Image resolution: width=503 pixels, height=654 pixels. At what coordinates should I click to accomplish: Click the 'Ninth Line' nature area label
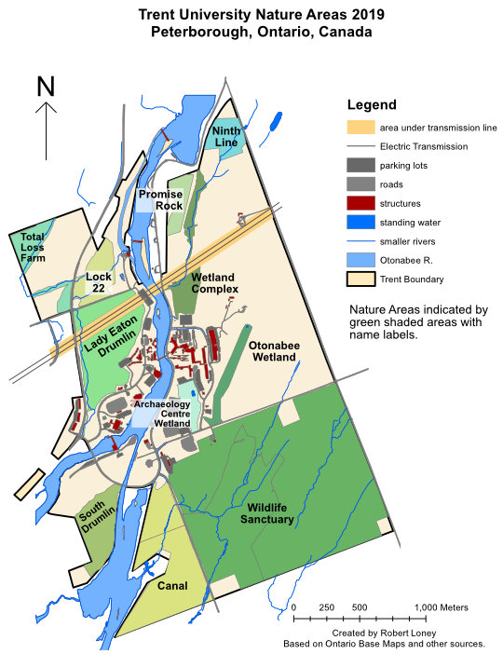click(226, 136)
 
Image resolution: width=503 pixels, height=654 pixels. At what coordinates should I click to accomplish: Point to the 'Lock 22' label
click(98, 283)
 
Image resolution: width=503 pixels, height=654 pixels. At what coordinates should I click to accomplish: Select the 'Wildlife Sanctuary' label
click(270, 513)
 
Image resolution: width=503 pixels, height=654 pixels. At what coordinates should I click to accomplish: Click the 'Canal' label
click(172, 586)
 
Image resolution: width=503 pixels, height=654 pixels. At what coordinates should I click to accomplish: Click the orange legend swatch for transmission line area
click(359, 127)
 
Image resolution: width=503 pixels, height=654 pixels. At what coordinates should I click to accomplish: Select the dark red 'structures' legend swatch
click(359, 202)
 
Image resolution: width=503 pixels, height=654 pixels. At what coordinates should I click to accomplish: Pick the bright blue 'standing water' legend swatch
click(359, 222)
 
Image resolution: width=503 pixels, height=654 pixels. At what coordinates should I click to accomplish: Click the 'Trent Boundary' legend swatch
click(359, 279)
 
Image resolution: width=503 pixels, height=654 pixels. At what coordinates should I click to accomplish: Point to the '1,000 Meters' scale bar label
click(442, 607)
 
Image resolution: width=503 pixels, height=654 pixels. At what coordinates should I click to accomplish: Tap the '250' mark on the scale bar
click(327, 607)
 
